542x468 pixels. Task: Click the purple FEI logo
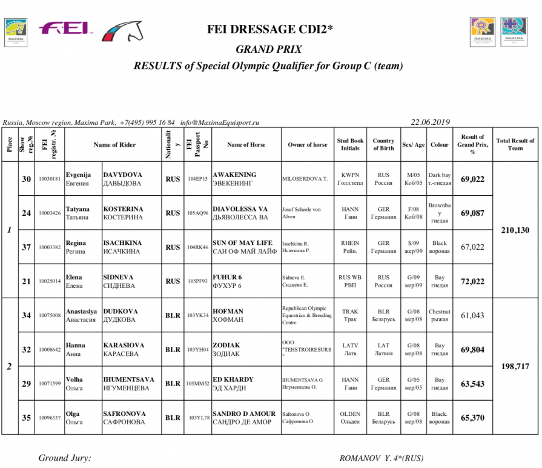(x=64, y=28)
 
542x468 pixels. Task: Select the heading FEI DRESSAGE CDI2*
(x=270, y=28)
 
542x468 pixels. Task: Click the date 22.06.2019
(x=431, y=122)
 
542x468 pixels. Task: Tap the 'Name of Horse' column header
(x=246, y=145)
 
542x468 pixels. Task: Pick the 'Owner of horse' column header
(x=308, y=145)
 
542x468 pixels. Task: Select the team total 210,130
(x=515, y=230)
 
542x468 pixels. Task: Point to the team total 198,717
(x=515, y=367)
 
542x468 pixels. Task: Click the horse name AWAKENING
(x=234, y=175)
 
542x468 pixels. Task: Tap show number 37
(x=26, y=247)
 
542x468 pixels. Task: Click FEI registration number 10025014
(x=49, y=282)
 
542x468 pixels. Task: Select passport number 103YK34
(x=197, y=316)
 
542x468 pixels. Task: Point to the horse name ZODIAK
(x=226, y=346)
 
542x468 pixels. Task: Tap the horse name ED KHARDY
(x=233, y=379)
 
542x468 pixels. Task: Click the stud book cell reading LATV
(x=350, y=346)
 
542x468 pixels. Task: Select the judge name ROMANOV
(x=359, y=458)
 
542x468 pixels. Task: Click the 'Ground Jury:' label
(x=65, y=458)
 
